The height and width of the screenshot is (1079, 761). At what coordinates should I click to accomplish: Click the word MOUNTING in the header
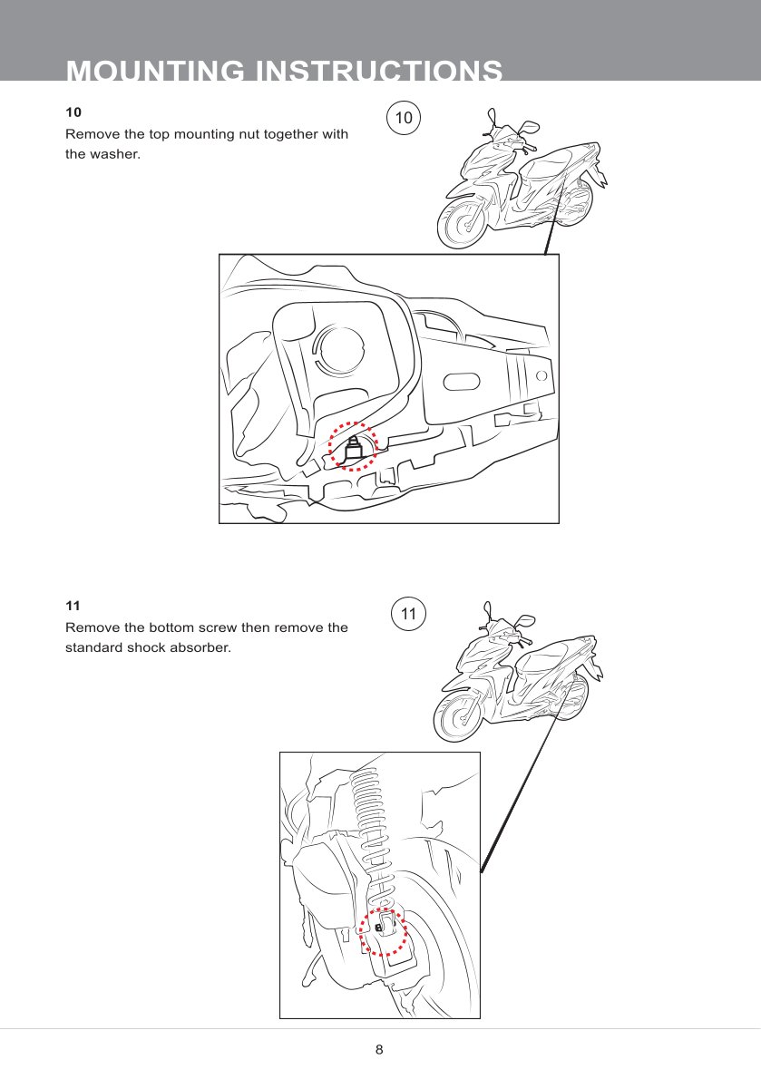155,71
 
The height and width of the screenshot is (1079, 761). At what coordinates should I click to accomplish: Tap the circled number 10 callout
404,118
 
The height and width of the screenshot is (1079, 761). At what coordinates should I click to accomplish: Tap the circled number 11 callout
409,613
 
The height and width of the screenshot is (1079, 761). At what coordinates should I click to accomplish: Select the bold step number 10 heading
73,112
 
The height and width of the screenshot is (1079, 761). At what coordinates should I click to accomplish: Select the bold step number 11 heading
73,606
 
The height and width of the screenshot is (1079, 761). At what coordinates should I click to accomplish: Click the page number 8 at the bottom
379,1049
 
